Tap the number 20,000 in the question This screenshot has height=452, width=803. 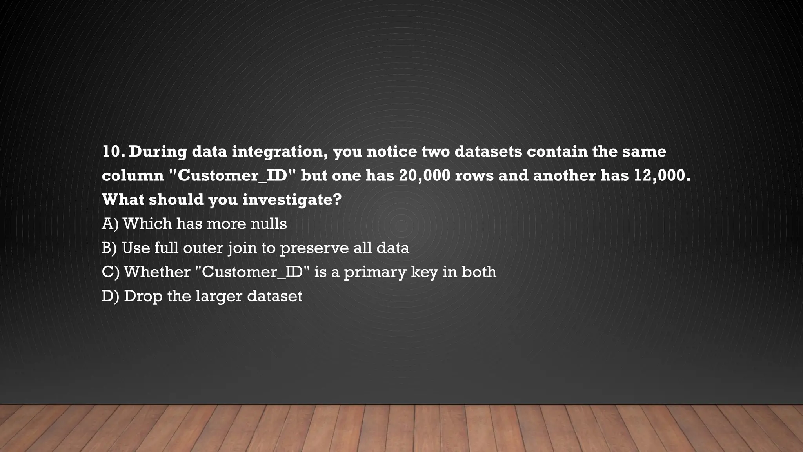(x=425, y=176)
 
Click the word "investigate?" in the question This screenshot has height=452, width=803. (x=292, y=200)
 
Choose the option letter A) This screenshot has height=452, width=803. (x=110, y=224)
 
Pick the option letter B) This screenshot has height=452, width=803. (x=109, y=248)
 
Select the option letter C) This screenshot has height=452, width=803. (x=111, y=272)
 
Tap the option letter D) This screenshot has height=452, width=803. (x=110, y=296)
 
